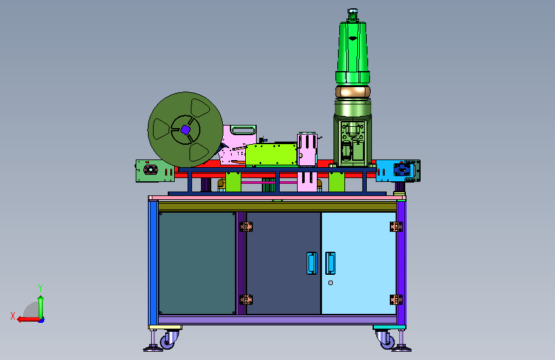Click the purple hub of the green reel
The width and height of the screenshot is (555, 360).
[x=186, y=129]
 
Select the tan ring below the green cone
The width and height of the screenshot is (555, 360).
[x=353, y=92]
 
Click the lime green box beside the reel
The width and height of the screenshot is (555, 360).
[x=271, y=154]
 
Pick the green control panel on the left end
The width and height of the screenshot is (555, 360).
[x=155, y=171]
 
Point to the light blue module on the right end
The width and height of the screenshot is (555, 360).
[x=398, y=171]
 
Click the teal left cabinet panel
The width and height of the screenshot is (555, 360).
[x=197, y=263]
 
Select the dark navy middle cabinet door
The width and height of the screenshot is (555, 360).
[x=283, y=263]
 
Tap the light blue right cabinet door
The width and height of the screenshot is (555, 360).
[x=358, y=263]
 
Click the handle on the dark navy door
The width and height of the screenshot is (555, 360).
[x=312, y=263]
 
